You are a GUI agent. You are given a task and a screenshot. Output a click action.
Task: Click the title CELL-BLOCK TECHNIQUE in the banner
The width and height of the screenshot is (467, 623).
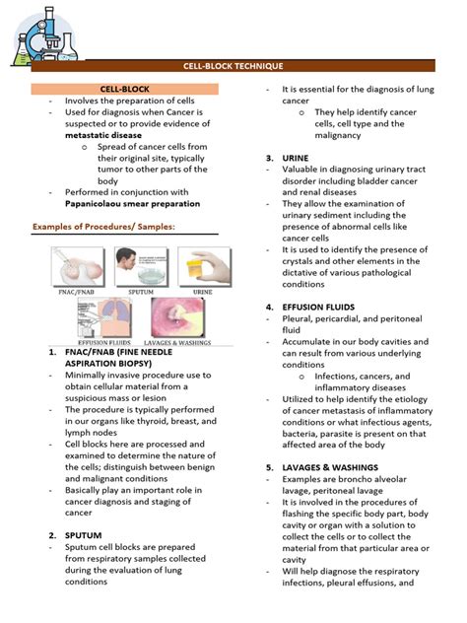pyautogui.click(x=233, y=65)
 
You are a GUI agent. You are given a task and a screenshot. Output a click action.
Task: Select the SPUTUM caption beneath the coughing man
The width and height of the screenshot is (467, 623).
pyautogui.click(x=140, y=292)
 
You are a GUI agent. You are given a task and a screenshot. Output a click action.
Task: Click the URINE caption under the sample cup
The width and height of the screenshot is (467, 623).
pyautogui.click(x=202, y=292)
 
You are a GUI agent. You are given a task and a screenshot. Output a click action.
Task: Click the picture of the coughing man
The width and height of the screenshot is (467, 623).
pyautogui.click(x=140, y=265)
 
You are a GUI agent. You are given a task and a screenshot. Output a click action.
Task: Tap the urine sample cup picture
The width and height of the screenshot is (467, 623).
pyautogui.click(x=202, y=265)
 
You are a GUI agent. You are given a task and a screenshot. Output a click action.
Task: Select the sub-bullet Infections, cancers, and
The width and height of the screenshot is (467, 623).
pyautogui.click(x=363, y=376)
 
